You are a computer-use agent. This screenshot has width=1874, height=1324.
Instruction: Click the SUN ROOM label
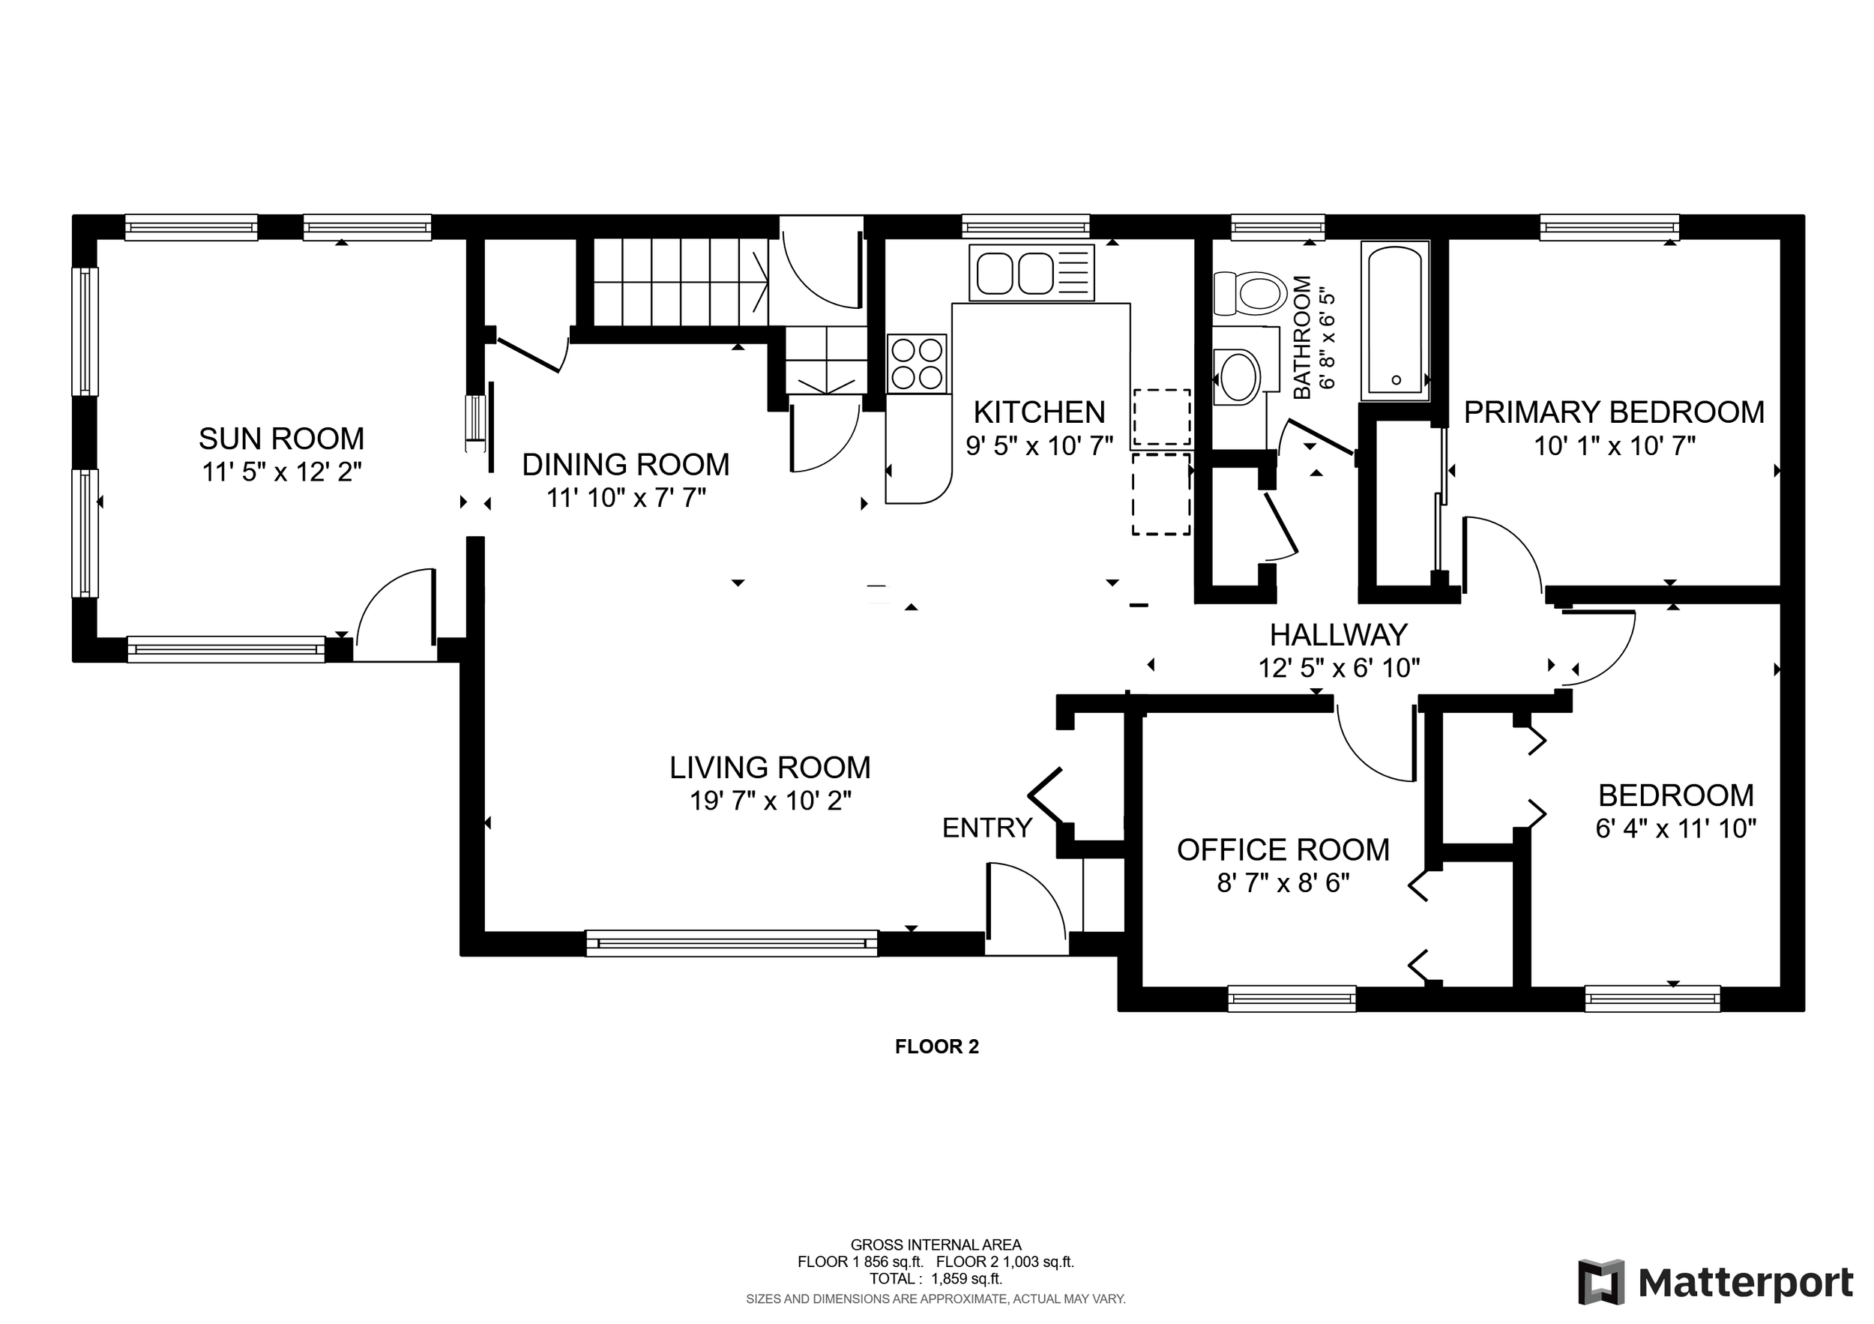click(282, 439)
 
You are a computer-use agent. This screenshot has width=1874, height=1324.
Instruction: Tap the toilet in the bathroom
click(1249, 293)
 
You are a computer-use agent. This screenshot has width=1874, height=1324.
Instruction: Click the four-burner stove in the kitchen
click(918, 364)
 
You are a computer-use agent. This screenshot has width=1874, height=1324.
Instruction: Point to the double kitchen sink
click(1031, 273)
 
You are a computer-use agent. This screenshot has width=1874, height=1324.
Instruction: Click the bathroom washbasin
click(1238, 377)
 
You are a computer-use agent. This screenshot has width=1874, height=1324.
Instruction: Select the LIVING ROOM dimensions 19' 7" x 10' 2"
click(771, 801)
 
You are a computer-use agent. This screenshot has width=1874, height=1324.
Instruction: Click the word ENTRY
click(986, 828)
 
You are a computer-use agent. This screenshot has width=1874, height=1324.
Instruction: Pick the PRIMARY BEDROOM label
click(1614, 412)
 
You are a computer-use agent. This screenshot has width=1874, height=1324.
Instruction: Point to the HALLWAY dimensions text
click(1339, 668)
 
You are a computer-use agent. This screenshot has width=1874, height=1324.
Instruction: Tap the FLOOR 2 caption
click(937, 1047)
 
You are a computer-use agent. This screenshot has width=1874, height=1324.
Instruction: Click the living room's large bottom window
click(732, 943)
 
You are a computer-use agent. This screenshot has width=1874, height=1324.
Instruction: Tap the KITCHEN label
click(1039, 412)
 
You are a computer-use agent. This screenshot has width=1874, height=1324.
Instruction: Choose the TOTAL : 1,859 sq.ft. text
click(936, 1278)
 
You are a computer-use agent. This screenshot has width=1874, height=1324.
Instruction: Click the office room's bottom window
click(1292, 999)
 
